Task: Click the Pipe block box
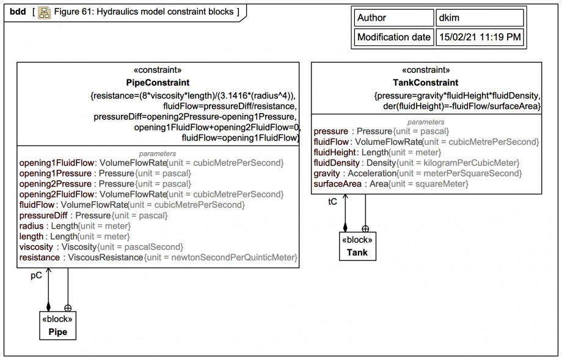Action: click(x=58, y=326)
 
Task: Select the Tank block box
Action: click(x=357, y=246)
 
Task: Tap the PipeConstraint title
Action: click(x=158, y=83)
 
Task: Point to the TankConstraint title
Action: click(x=426, y=83)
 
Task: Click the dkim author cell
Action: click(x=480, y=18)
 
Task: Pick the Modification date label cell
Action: click(x=393, y=37)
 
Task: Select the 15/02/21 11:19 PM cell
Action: click(x=480, y=37)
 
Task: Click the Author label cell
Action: click(x=393, y=18)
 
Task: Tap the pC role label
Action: click(x=37, y=276)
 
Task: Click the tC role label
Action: click(x=333, y=201)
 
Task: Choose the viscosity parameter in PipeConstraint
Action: click(x=101, y=247)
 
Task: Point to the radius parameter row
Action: click(x=75, y=226)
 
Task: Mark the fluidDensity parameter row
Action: click(x=416, y=163)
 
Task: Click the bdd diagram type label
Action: click(x=18, y=12)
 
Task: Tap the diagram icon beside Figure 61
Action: click(x=44, y=12)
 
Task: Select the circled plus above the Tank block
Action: click(x=365, y=229)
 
